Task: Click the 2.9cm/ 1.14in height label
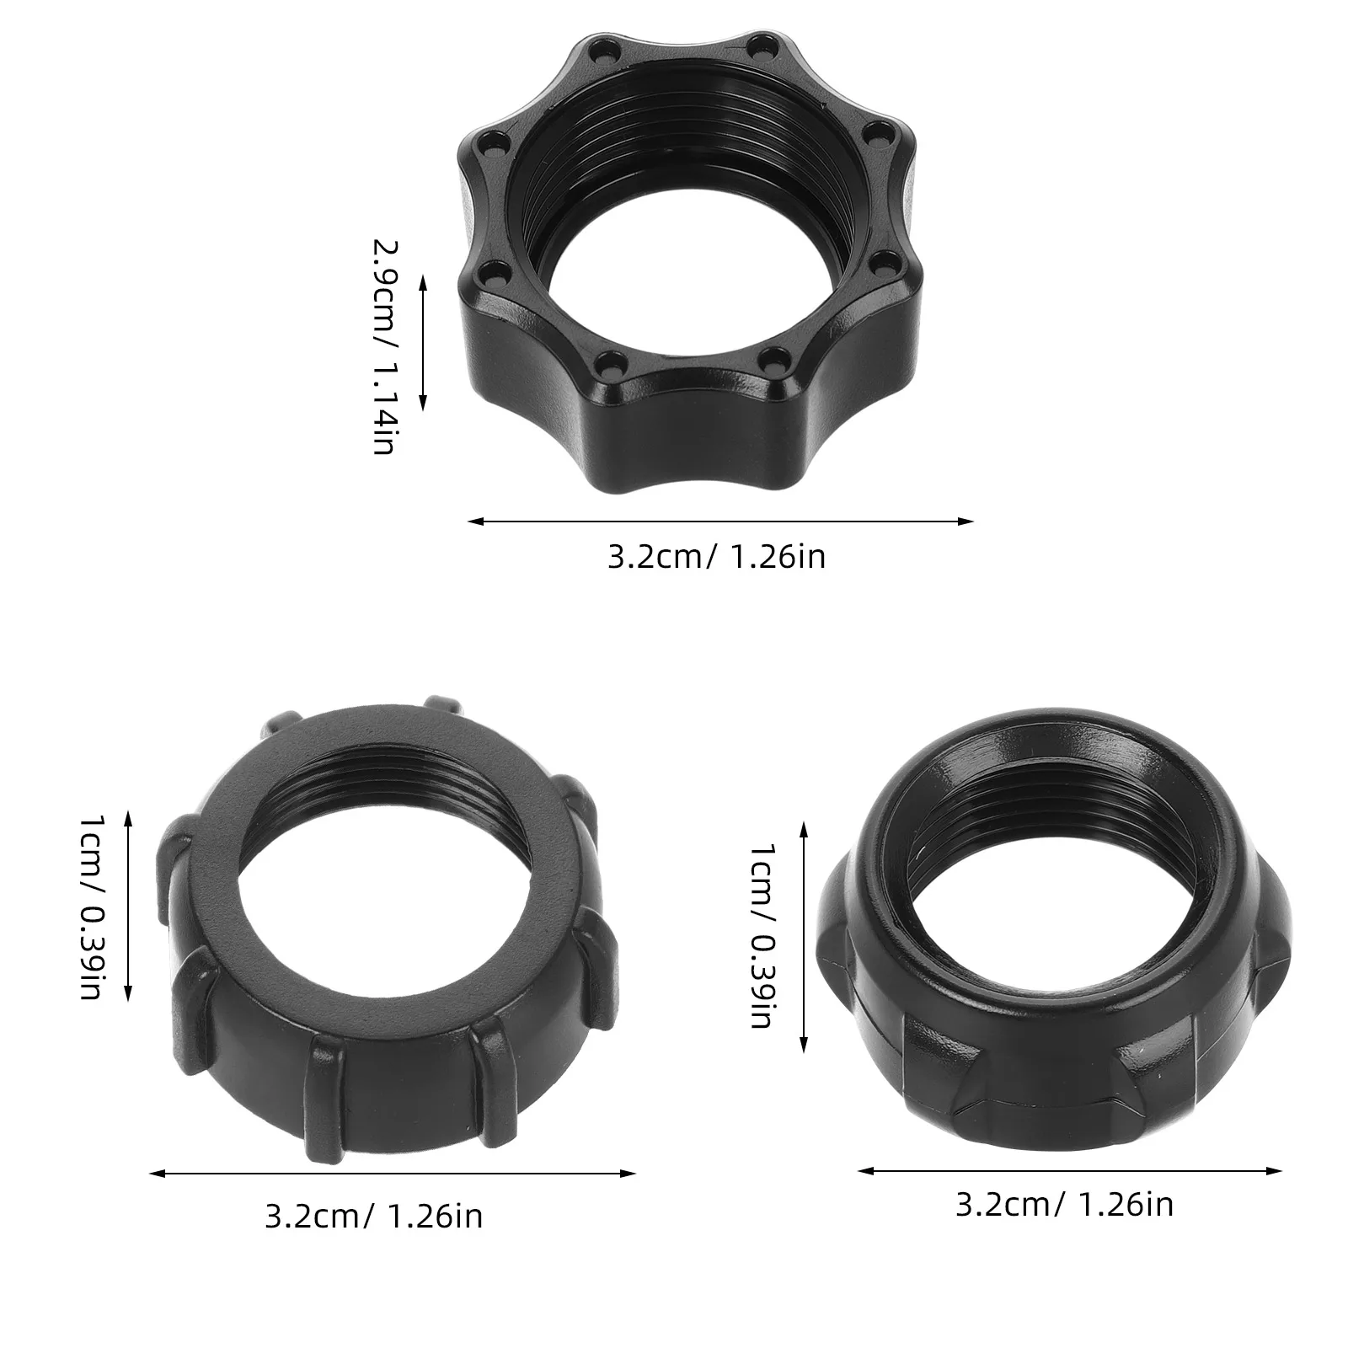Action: pos(384,346)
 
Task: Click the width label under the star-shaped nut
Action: pos(716,558)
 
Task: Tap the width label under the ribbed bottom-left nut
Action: pos(373,1217)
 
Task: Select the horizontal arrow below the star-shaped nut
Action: pos(720,522)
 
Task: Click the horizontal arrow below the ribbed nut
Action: pos(392,1173)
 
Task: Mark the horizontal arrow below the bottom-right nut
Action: pos(1069,1170)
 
